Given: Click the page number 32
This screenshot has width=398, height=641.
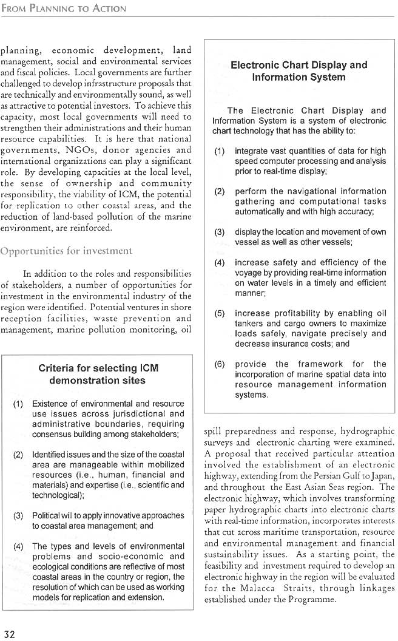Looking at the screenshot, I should click(8, 634).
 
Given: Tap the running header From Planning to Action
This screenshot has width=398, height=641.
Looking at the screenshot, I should click(64, 8).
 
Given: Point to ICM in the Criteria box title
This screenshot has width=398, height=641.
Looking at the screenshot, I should click(149, 368).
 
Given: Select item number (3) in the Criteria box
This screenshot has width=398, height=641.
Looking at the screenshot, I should click(19, 515).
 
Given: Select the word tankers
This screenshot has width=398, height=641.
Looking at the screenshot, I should click(249, 324).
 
